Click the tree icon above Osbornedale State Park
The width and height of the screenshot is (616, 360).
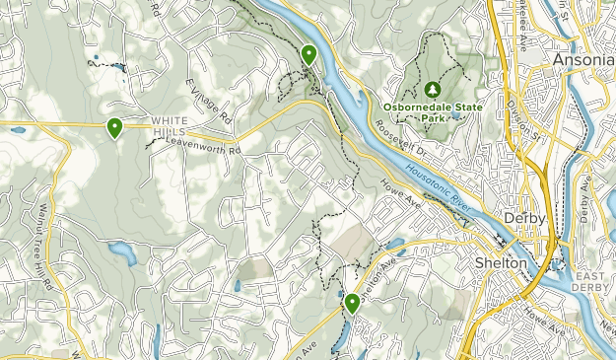[x=431, y=87]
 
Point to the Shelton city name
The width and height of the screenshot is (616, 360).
[x=502, y=263]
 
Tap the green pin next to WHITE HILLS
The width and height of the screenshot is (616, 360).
[x=115, y=127]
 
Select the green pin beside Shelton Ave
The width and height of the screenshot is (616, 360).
[x=352, y=303]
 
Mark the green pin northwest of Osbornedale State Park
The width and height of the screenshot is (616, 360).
[x=309, y=54]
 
